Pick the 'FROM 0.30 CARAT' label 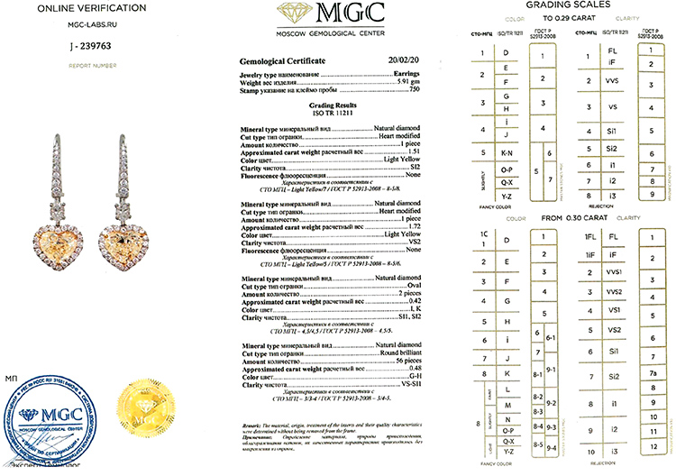tap(563, 215)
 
